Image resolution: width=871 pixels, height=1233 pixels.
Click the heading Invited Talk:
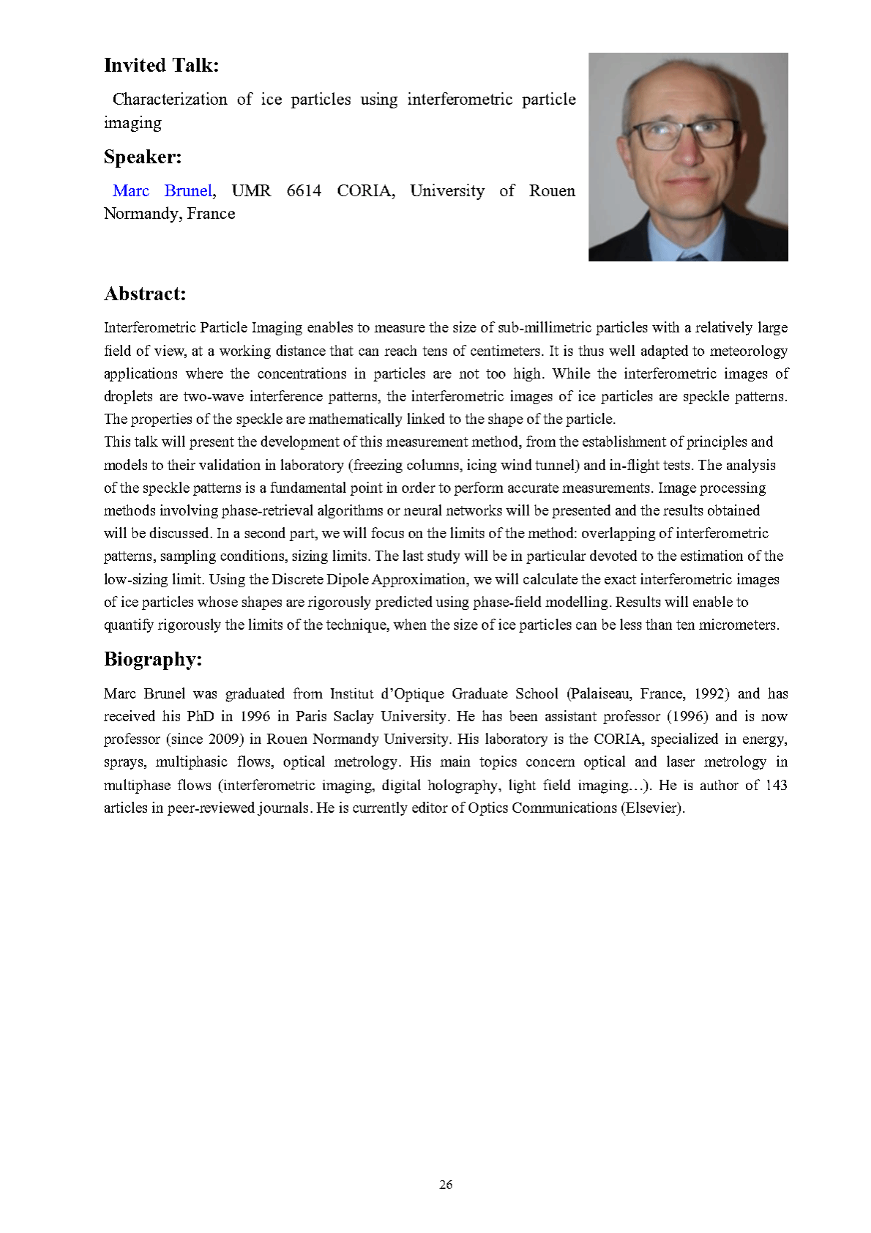[161, 66]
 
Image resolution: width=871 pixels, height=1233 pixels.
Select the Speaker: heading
[143, 157]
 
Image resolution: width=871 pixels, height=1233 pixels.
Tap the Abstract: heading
[145, 294]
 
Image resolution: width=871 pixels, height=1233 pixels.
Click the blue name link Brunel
[188, 191]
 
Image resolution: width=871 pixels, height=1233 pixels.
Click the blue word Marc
[131, 191]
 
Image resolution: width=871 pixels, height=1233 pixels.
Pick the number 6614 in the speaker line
[304, 191]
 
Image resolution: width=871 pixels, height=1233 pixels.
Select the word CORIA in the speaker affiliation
[365, 191]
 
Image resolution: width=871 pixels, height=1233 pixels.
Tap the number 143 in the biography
[776, 786]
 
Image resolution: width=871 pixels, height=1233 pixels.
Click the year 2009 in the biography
[225, 740]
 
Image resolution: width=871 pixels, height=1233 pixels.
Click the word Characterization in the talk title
[170, 100]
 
